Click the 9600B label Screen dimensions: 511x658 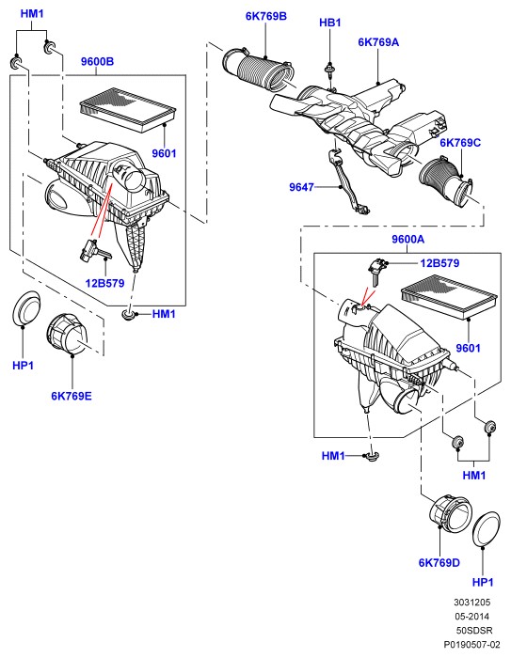97,62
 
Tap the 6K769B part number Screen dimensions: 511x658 266,16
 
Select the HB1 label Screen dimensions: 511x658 330,23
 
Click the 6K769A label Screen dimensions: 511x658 378,42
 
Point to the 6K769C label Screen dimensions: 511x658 460,143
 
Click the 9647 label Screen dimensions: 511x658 301,187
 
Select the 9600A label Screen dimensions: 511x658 407,239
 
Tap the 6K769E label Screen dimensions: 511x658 72,396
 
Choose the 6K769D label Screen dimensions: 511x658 439,563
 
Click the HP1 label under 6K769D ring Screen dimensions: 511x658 483,583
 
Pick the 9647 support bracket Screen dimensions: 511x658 348,184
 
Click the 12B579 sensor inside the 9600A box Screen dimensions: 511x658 375,271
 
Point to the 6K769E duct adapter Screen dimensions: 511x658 67,335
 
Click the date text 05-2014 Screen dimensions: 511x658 472,616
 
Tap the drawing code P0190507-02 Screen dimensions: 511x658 472,644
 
